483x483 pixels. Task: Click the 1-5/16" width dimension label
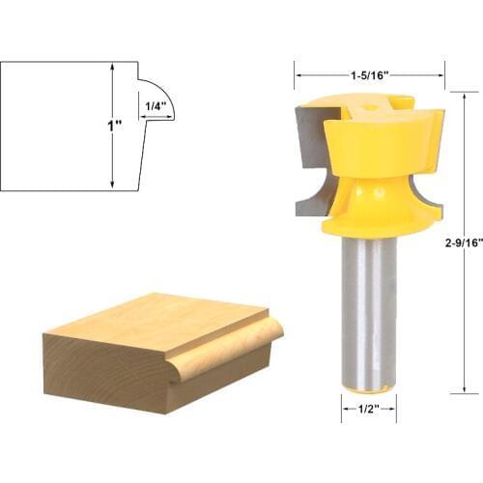370,72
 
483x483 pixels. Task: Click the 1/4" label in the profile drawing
156,105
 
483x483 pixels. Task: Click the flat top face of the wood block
155,324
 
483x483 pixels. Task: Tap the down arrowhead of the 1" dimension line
114,185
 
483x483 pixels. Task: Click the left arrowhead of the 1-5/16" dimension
298,72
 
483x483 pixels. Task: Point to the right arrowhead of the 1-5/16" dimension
442,72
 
